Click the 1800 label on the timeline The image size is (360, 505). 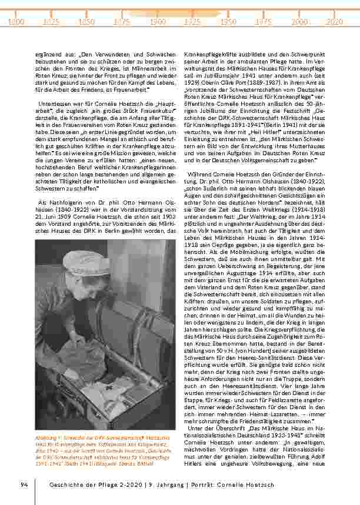click(x=17, y=21)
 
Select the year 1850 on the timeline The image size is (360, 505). click(x=87, y=21)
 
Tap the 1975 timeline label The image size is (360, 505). click(x=263, y=21)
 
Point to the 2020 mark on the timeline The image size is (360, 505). click(x=334, y=21)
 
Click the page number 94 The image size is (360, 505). click(x=24, y=484)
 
